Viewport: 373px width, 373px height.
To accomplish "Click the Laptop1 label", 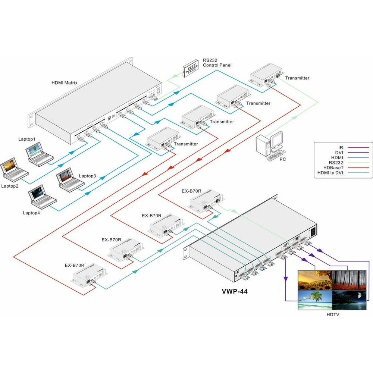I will (27, 139).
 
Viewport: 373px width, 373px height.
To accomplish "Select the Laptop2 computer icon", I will (14, 170).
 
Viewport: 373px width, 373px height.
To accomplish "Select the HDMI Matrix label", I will (64, 83).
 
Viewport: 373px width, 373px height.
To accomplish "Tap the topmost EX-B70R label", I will (192, 191).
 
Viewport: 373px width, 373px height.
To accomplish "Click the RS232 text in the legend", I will (336, 163).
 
